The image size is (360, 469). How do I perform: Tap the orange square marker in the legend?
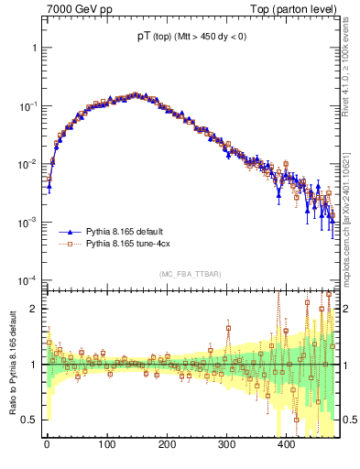[x=65, y=245]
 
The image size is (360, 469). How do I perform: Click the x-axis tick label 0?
[x=47, y=445]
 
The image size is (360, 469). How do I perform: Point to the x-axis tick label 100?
[x=106, y=445]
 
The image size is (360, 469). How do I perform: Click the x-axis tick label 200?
[x=167, y=445]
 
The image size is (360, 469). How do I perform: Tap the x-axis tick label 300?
[x=226, y=445]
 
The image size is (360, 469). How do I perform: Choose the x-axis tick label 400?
[x=286, y=445]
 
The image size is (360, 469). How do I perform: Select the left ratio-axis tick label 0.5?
[x=29, y=420]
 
